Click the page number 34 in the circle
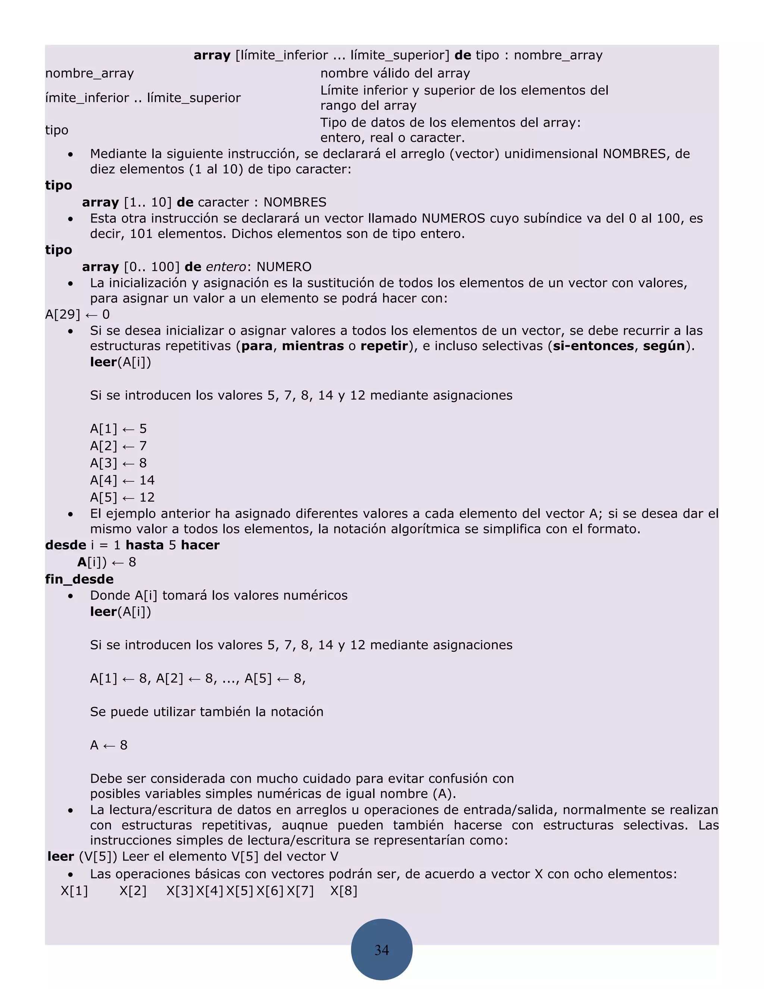382,950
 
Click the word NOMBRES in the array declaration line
295,202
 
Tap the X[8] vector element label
344,891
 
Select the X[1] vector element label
74,891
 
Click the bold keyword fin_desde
79,579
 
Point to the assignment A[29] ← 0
77,314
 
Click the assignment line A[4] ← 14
122,480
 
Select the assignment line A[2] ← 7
118,446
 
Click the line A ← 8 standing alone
109,745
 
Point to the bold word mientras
313,346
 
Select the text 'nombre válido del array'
395,74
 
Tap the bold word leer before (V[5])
61,856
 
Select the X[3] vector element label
180,891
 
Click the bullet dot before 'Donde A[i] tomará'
70,596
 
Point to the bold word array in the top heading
212,55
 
